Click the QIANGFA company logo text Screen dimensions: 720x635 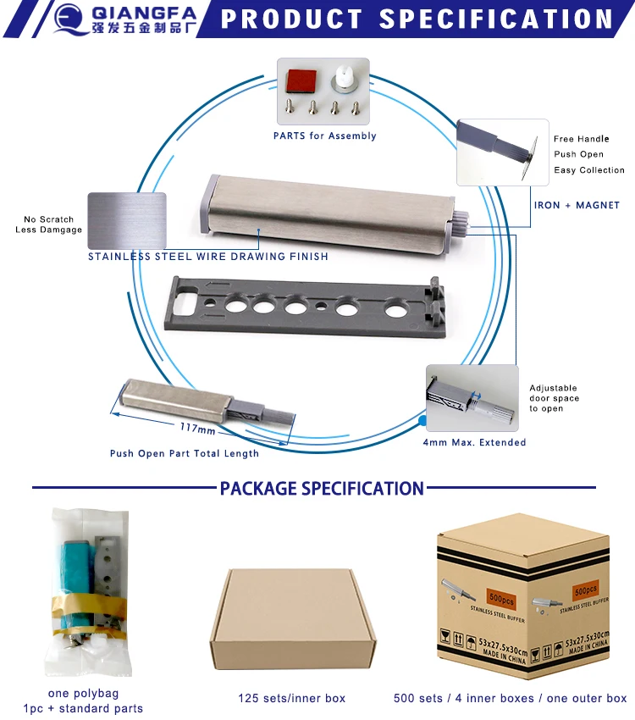(x=143, y=13)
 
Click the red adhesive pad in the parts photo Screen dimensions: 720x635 (x=299, y=80)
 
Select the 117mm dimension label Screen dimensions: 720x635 (x=197, y=428)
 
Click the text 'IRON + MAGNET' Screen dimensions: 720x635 (x=577, y=205)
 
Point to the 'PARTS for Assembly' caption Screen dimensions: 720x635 (x=324, y=136)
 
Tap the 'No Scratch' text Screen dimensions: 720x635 (x=49, y=219)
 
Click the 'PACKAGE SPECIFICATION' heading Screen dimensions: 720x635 (x=322, y=488)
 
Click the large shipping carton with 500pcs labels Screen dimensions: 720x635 (x=523, y=597)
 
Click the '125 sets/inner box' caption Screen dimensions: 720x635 (x=291, y=699)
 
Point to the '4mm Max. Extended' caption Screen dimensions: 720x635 (x=474, y=442)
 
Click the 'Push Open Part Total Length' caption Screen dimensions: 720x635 (x=185, y=453)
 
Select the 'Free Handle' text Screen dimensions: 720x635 (x=581, y=139)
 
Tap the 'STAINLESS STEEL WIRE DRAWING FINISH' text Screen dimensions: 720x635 (x=208, y=256)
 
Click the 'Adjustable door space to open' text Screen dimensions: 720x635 (x=555, y=398)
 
